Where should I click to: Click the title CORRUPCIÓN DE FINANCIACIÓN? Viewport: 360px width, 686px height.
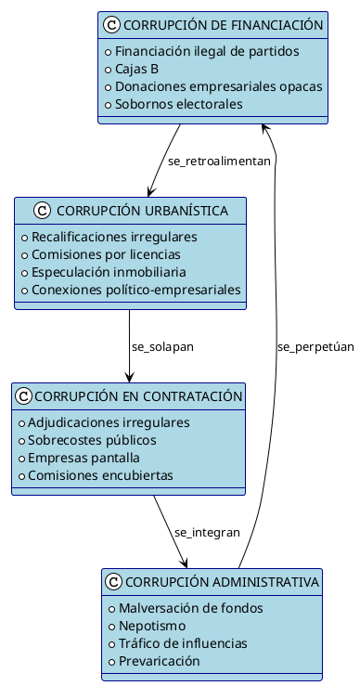point(223,25)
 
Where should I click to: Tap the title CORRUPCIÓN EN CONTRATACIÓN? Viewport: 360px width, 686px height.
point(138,396)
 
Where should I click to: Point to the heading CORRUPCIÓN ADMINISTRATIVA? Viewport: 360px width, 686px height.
point(221,582)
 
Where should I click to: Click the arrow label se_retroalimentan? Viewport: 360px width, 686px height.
point(219,161)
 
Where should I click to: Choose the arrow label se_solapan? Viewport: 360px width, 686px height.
point(163,346)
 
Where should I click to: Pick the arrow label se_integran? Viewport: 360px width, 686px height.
point(207,532)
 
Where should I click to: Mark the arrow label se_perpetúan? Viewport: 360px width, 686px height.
point(315,346)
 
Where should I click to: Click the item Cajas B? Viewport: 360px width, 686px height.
point(136,69)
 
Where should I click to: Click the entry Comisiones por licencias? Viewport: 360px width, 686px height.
point(106,254)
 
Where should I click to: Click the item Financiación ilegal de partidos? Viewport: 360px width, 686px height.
point(194,51)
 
